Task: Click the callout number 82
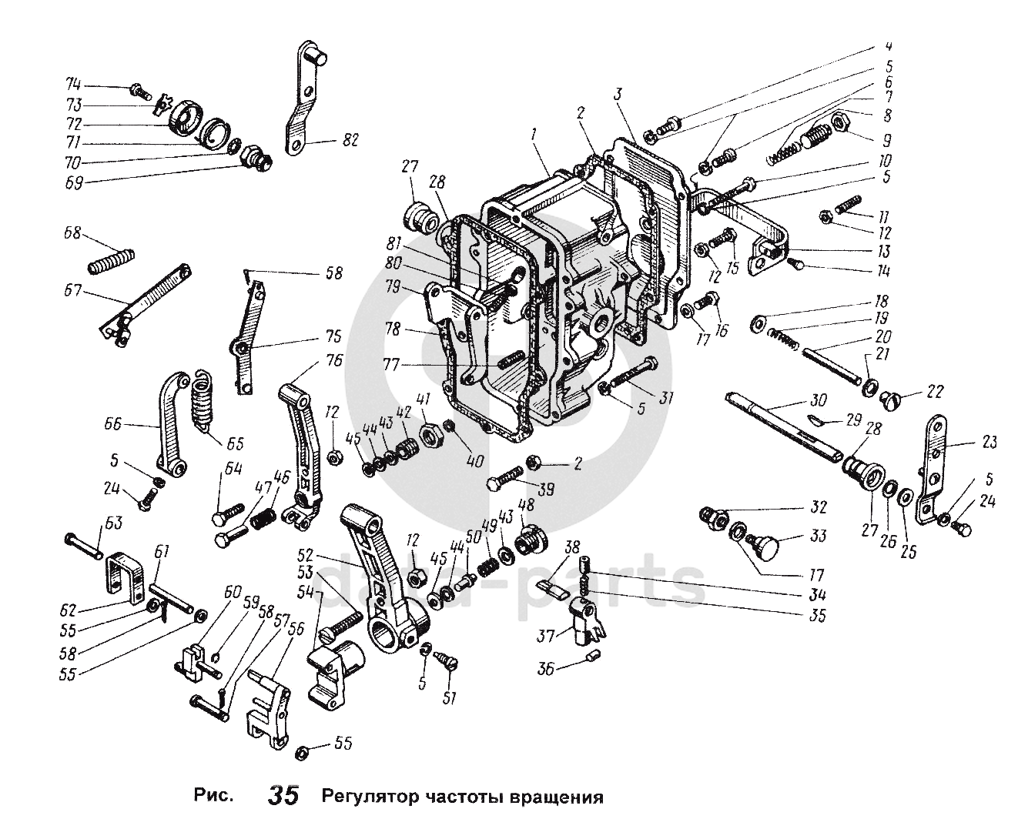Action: tap(350, 141)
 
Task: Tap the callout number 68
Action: tap(72, 233)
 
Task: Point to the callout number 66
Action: tap(112, 423)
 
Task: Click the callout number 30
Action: tap(818, 400)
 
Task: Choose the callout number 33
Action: tap(818, 536)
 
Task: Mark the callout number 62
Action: tap(69, 610)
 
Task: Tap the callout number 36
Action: tap(545, 670)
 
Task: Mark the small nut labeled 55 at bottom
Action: tap(303, 753)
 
